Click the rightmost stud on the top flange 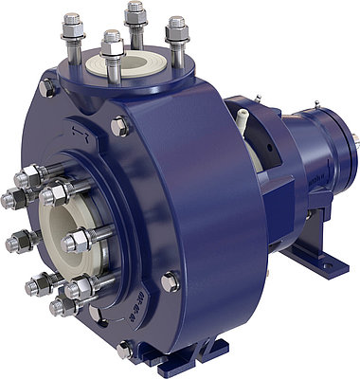(x=176, y=34)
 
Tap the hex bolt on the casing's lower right (x=171, y=281)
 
